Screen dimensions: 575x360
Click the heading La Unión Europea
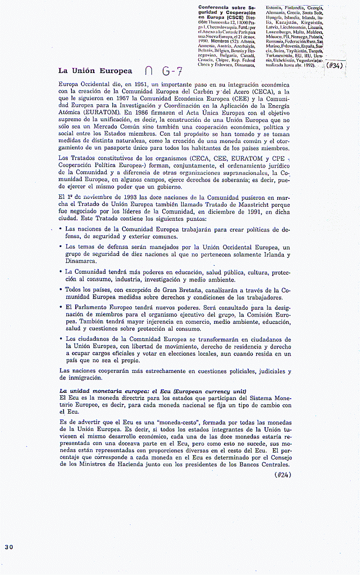coord(95,71)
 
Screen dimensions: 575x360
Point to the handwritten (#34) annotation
coord(335,66)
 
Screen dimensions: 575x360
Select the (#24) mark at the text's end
coord(283,474)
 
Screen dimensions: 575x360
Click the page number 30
coord(9,547)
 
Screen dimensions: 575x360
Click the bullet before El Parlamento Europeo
coord(61,307)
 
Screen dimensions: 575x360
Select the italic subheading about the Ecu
coord(152,391)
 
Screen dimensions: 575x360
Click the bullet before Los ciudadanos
coord(61,338)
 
